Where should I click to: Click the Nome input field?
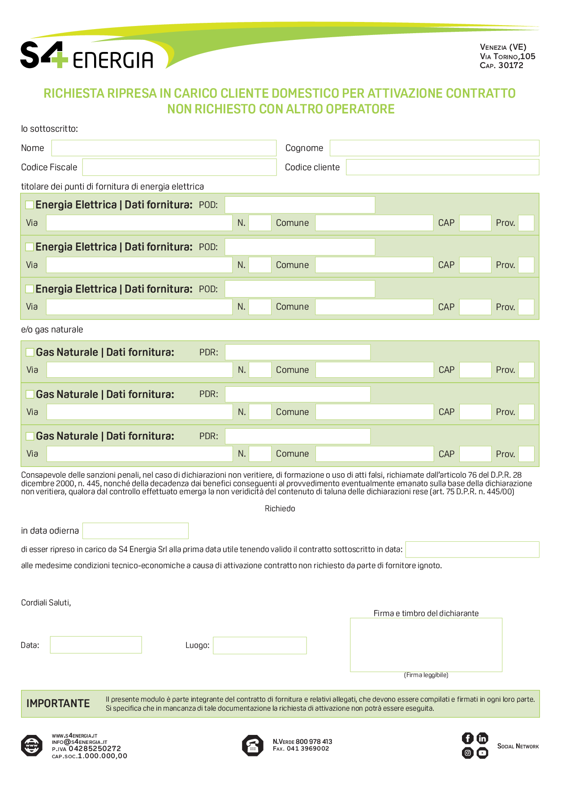coord(164,148)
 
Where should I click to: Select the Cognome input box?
coord(434,148)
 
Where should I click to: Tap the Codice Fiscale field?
coord(179,167)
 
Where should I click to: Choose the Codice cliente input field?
coord(442,167)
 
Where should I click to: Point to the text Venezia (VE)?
coord(503,47)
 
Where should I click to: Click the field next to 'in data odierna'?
coord(135,531)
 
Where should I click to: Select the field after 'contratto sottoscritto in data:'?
coord(472,549)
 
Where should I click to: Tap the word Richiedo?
coord(280,509)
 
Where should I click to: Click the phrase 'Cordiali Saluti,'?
coord(46,603)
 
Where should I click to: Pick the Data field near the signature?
coord(96,645)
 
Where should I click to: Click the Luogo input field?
coord(259,645)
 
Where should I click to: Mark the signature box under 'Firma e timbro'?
coord(426,645)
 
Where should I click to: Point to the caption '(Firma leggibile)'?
coord(426,675)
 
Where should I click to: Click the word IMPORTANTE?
coord(58,704)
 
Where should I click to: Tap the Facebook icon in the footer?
coord(467,738)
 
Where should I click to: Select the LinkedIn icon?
coord(482,738)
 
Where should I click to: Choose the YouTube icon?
coord(482,753)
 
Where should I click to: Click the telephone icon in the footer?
coord(252,746)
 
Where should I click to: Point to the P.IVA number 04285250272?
coord(95,749)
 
